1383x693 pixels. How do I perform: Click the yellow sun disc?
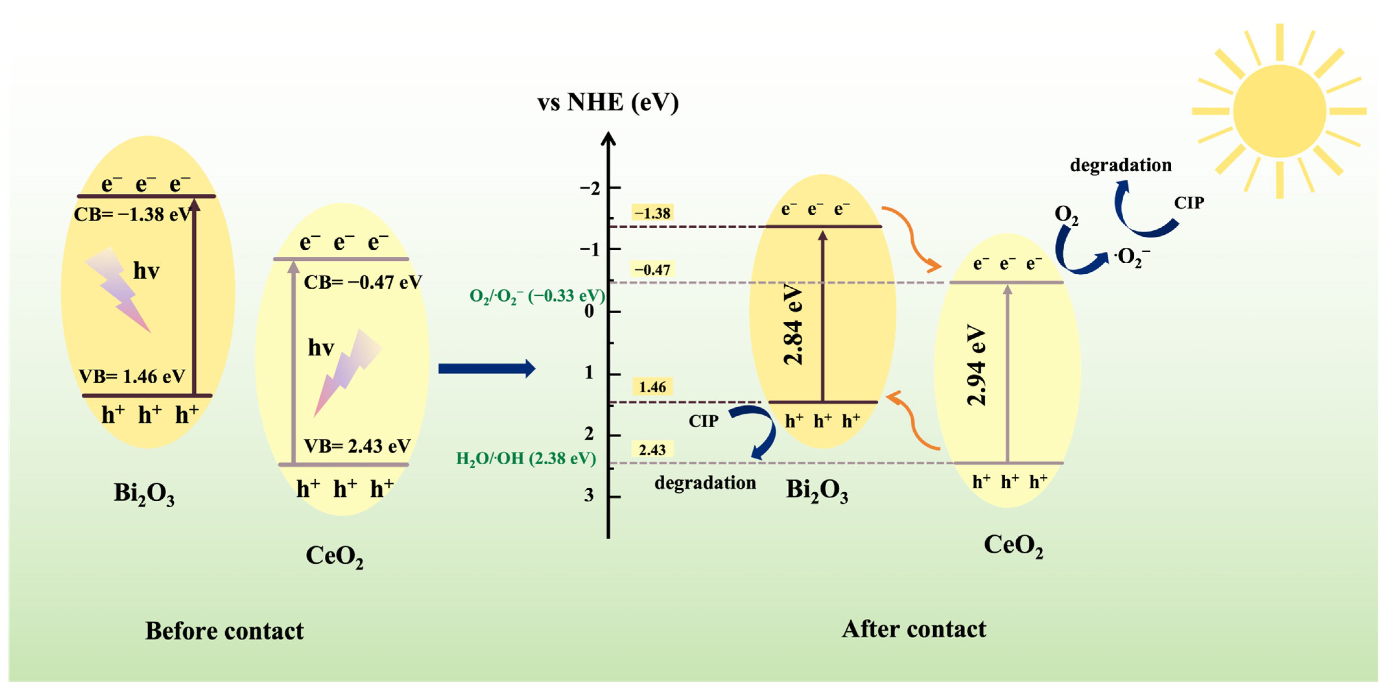1279,111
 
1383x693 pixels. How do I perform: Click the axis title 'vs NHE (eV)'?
608,102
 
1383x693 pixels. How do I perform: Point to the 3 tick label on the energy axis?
589,495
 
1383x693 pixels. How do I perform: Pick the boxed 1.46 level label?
652,387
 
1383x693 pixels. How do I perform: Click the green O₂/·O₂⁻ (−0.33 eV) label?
537,296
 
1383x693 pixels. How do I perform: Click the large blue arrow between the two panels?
486,368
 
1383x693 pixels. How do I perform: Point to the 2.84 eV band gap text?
793,325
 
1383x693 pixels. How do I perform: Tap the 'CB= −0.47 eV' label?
363,282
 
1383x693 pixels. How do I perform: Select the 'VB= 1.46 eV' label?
132,376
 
